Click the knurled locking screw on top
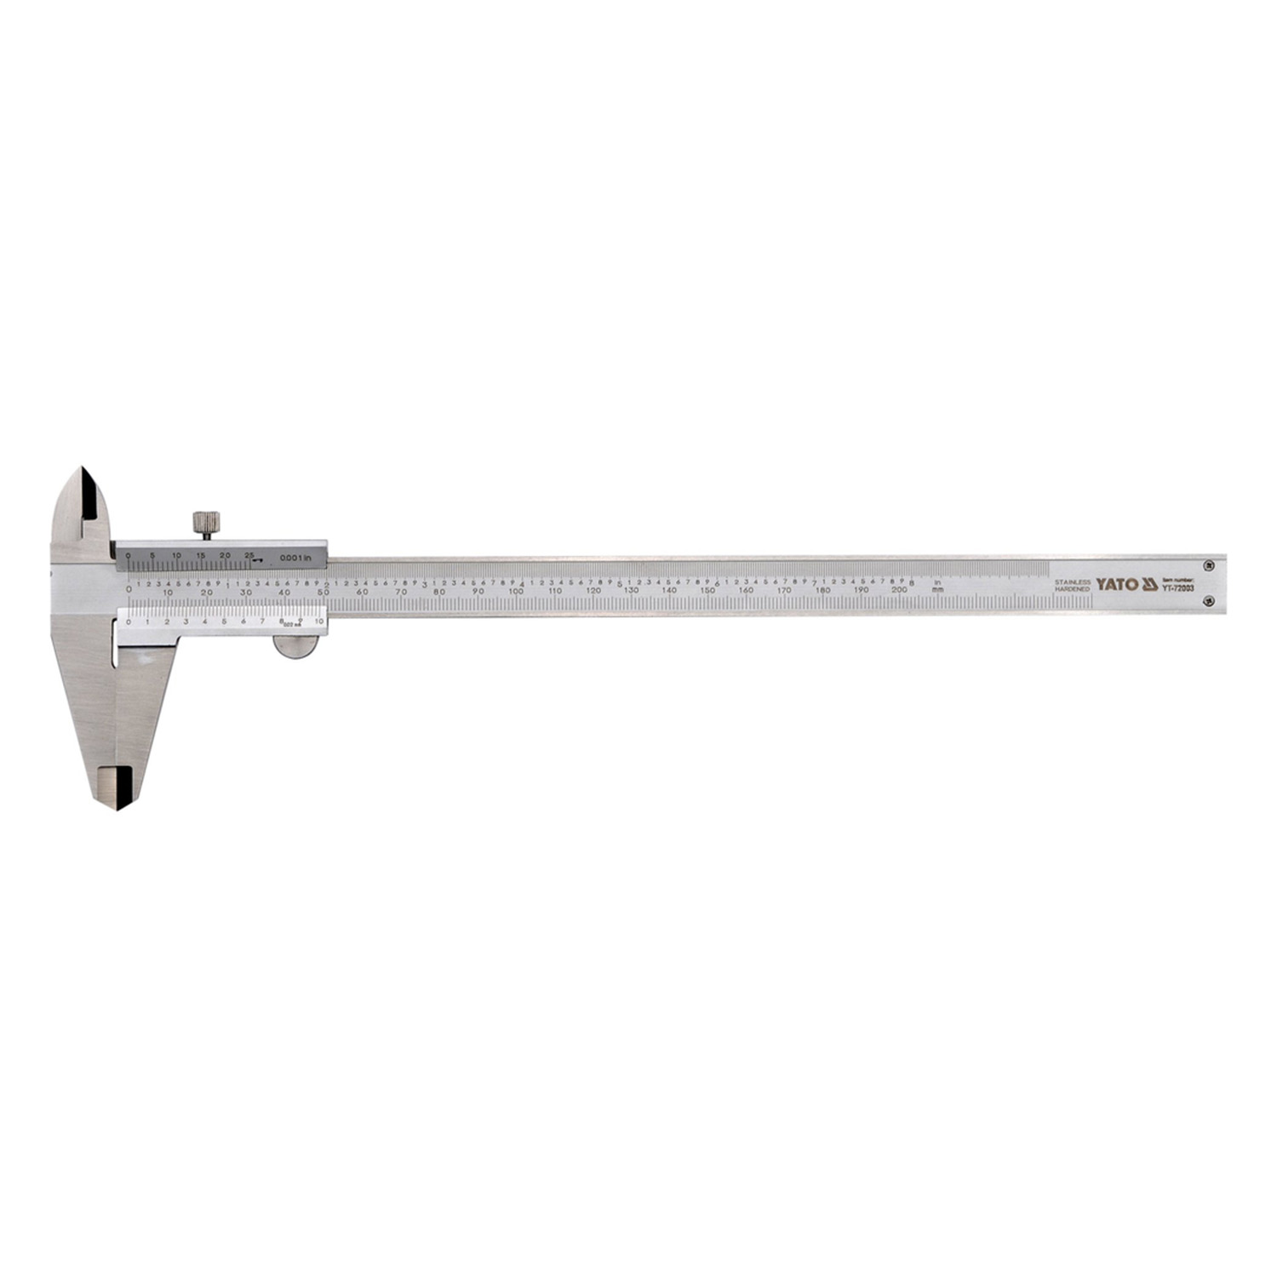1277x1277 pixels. pyautogui.click(x=203, y=522)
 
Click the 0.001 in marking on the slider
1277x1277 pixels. pyautogui.click(x=303, y=558)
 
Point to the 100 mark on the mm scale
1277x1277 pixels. pyautogui.click(x=516, y=591)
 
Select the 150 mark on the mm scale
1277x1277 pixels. pyautogui.click(x=707, y=591)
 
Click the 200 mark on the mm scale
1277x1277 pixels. pyautogui.click(x=898, y=590)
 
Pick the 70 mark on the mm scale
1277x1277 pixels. pyautogui.click(x=401, y=591)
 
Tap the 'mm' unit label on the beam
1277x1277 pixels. pyautogui.click(x=937, y=589)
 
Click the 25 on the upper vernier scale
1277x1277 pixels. pyautogui.click(x=249, y=555)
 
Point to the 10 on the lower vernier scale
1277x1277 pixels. pyautogui.click(x=319, y=622)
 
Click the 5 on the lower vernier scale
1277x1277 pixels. pyautogui.click(x=224, y=622)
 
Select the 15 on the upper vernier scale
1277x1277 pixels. pyautogui.click(x=200, y=555)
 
